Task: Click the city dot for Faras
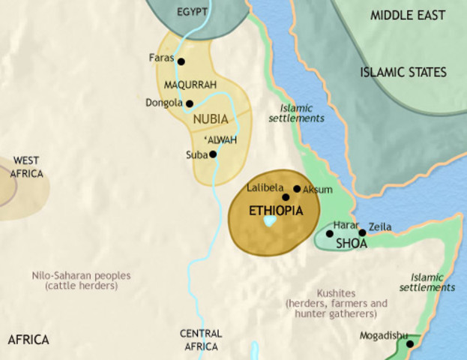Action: (181, 61)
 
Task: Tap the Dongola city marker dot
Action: (190, 103)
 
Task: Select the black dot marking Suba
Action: (213, 154)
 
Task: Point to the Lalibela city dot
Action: (286, 197)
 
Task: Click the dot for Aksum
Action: (297, 189)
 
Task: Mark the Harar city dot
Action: (330, 234)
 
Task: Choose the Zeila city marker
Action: (362, 232)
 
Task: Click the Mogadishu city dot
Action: (409, 344)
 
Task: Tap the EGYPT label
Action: (193, 13)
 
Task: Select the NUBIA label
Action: (210, 118)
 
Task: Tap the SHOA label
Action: (351, 243)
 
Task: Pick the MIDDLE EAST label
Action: (407, 15)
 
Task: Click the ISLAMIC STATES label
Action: (403, 73)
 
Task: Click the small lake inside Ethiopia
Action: (271, 222)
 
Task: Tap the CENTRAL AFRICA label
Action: (201, 340)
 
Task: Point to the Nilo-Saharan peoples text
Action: (81, 280)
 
